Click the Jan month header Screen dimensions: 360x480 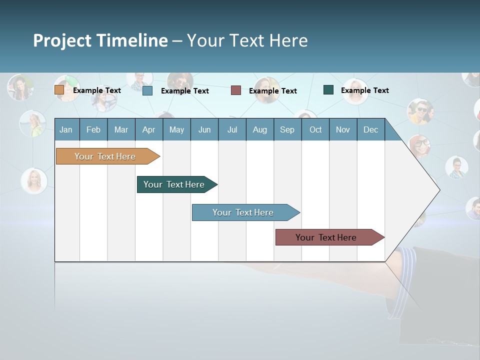pyautogui.click(x=66, y=129)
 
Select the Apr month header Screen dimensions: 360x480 pyautogui.click(x=148, y=129)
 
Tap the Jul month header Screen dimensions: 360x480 pyautogui.click(x=232, y=129)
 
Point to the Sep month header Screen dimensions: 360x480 pyautogui.click(x=287, y=129)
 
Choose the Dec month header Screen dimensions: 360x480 pyautogui.click(x=370, y=129)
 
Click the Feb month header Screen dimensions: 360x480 pyautogui.click(x=93, y=129)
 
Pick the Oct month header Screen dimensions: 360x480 pyautogui.click(x=315, y=129)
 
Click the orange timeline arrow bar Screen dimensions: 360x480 pyautogui.click(x=105, y=156)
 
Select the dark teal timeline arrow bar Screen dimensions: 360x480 pyautogui.click(x=174, y=184)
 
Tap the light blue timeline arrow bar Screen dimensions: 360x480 pyautogui.click(x=243, y=212)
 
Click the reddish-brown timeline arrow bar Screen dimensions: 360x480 pyautogui.click(x=326, y=237)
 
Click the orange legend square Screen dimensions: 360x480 pyautogui.click(x=59, y=90)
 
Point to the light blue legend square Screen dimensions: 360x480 pyautogui.click(x=147, y=90)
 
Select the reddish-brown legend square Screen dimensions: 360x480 pyautogui.click(x=236, y=90)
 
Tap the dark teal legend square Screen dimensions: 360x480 pyautogui.click(x=328, y=90)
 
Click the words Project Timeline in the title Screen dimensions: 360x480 pyautogui.click(x=100, y=40)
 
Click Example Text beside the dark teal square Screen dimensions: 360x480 pyautogui.click(x=364, y=90)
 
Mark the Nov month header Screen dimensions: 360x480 pyautogui.click(x=343, y=129)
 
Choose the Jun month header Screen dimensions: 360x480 pyautogui.click(x=204, y=129)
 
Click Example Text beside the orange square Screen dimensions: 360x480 pyautogui.click(x=96, y=90)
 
